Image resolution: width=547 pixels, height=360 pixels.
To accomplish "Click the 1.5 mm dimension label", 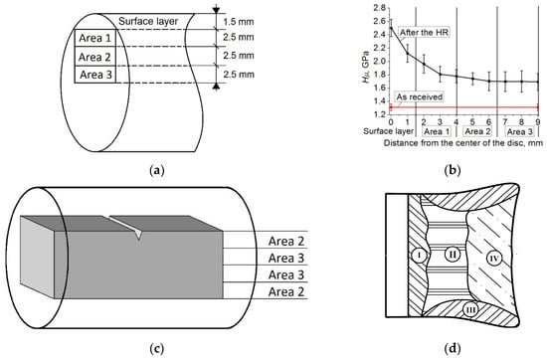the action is tap(239, 22).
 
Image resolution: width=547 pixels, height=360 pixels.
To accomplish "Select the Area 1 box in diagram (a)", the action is tap(94, 38).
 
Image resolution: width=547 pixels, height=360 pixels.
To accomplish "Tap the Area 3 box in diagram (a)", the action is tap(94, 75).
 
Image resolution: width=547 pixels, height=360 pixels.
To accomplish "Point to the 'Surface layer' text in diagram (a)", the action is tap(148, 21).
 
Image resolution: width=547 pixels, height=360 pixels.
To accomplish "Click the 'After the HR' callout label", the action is tap(424, 33).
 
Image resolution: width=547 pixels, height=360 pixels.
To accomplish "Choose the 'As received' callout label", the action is tap(420, 96).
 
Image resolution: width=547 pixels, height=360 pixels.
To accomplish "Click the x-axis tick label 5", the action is tap(472, 121).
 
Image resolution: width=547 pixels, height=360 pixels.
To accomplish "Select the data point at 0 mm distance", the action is tap(391, 28).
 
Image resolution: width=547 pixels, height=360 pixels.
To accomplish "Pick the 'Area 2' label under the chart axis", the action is tap(478, 131).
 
